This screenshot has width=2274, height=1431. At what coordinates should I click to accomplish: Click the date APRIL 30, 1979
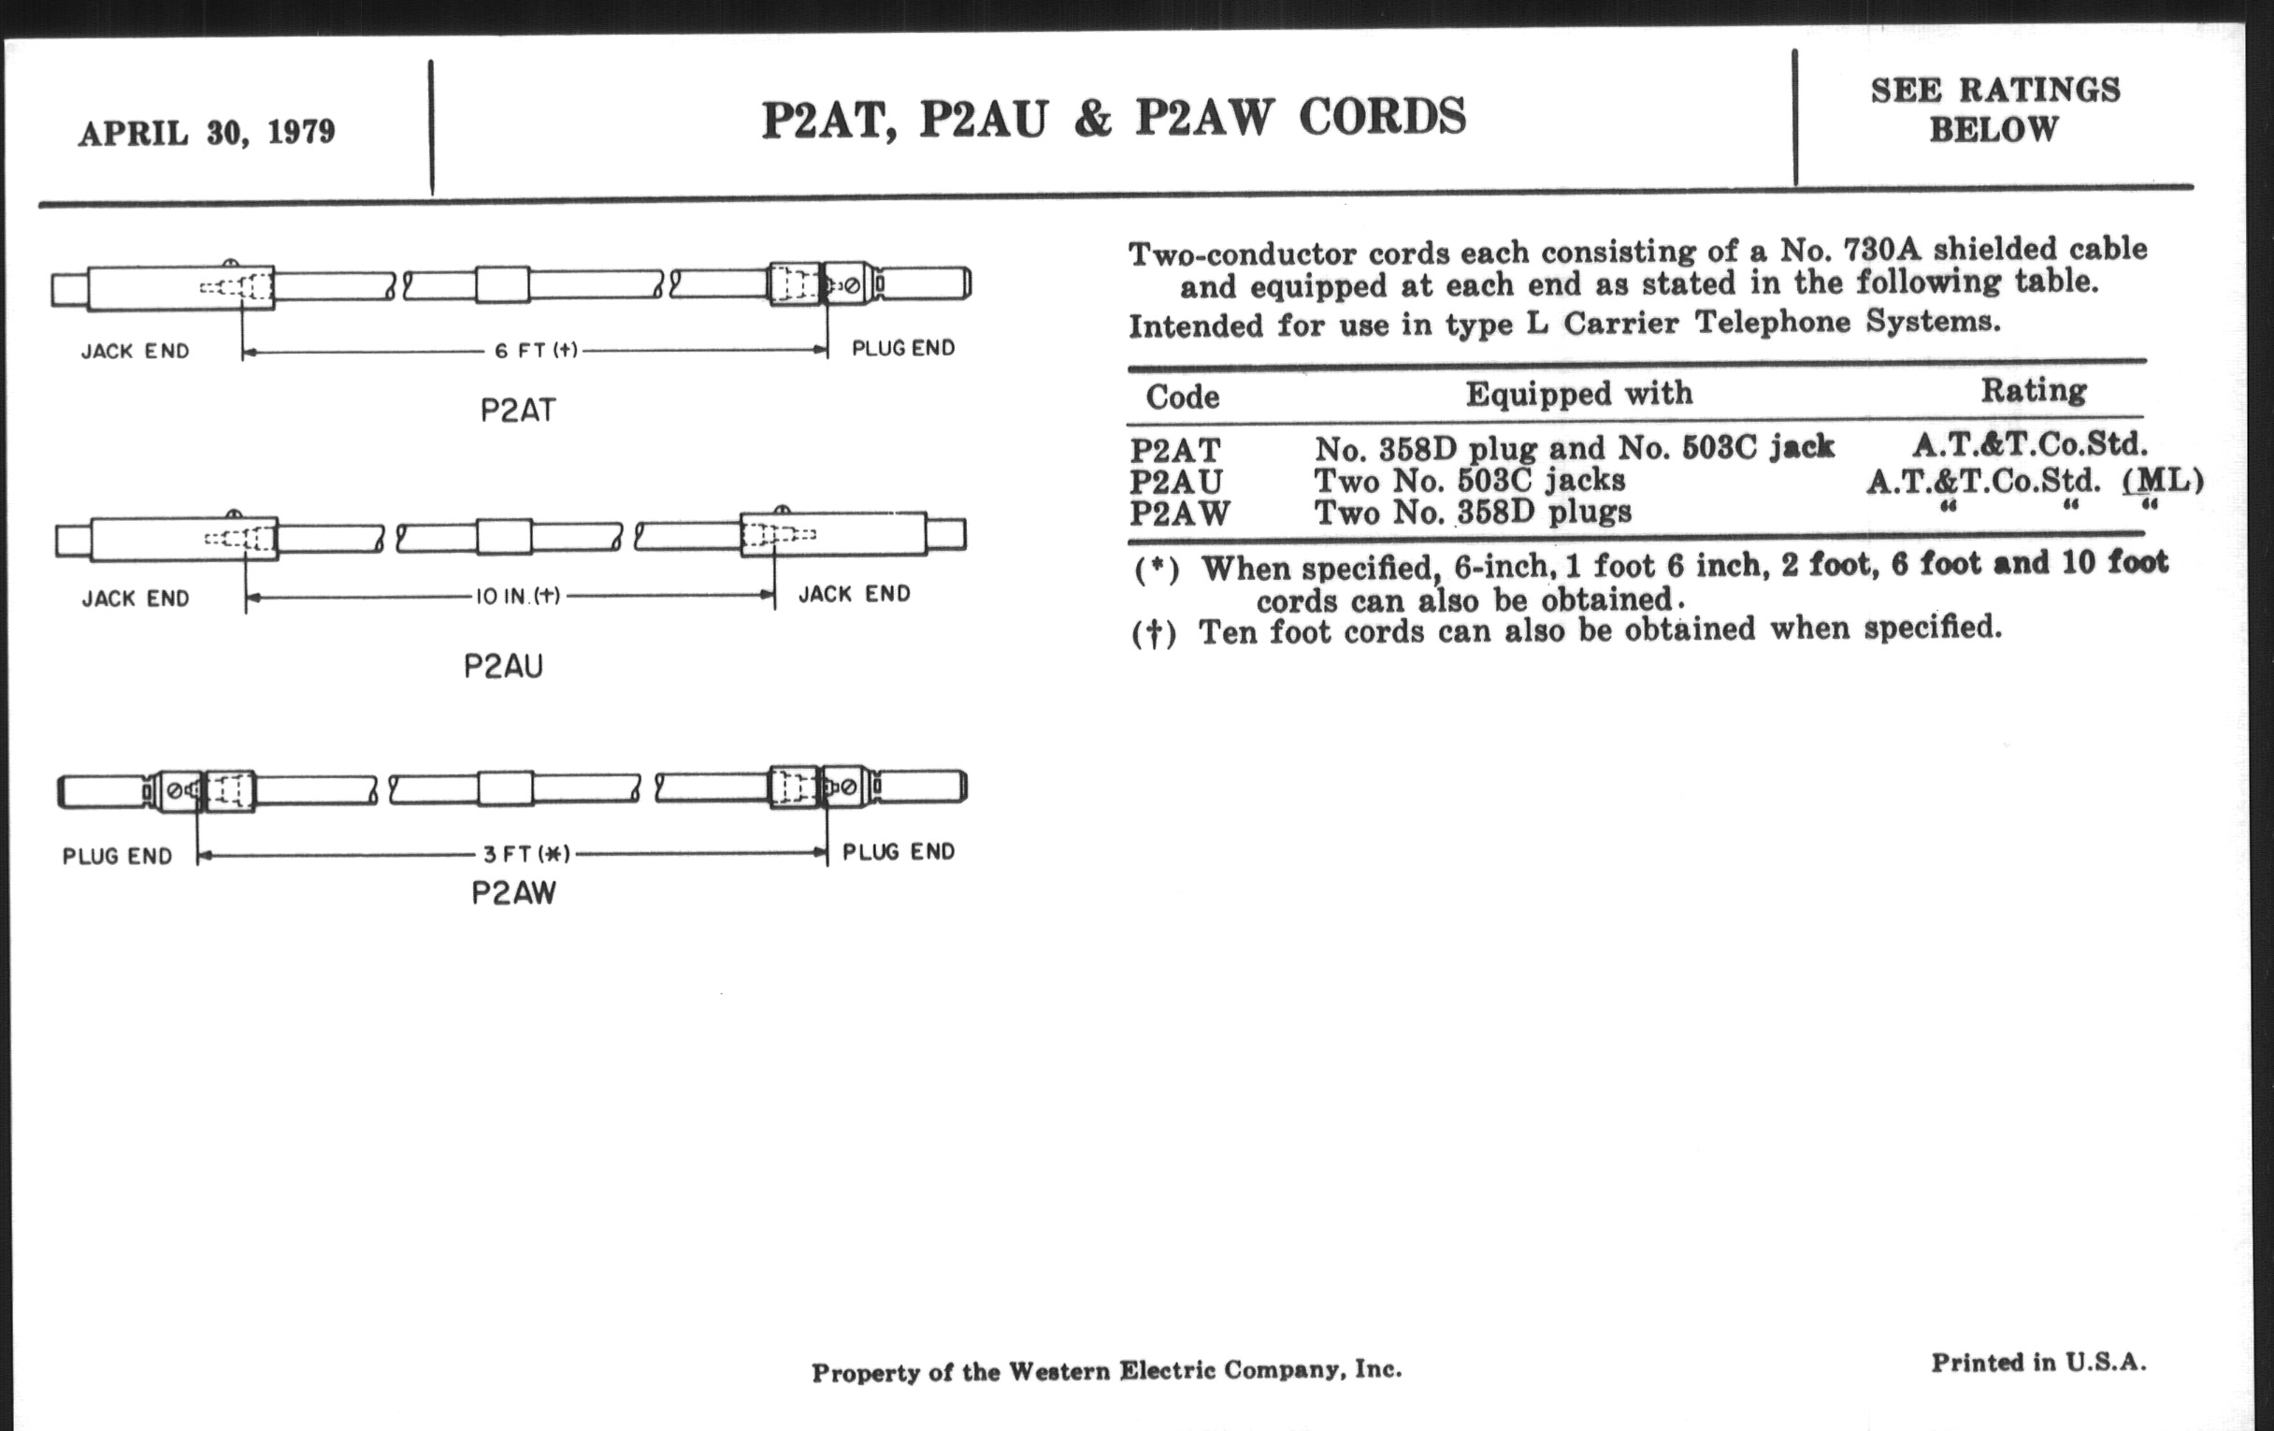(x=206, y=132)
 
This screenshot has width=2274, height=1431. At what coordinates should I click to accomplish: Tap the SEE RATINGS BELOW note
(x=1994, y=109)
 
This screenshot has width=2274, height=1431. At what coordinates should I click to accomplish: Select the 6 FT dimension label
(x=536, y=351)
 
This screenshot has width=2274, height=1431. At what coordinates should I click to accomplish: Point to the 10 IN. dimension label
(x=517, y=596)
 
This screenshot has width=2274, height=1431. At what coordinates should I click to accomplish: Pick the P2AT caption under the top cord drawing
(x=517, y=411)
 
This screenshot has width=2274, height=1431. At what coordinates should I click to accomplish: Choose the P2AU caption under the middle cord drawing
(x=503, y=667)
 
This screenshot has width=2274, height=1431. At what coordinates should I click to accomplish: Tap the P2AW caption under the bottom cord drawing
(x=513, y=893)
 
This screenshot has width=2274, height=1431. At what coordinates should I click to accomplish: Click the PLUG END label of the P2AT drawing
(x=903, y=349)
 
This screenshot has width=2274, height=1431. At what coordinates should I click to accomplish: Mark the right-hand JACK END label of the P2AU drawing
(x=854, y=594)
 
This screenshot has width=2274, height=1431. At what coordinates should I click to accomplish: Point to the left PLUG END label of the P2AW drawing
(x=117, y=857)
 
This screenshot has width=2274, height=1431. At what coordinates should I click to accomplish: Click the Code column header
(x=1182, y=397)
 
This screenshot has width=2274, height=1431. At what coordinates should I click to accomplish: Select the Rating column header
(x=2033, y=390)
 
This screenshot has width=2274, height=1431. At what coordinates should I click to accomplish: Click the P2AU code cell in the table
(x=1175, y=482)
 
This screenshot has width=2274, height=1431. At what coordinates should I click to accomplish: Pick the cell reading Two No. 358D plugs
(x=1473, y=513)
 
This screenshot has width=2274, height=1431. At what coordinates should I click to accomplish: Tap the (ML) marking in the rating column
(x=2163, y=481)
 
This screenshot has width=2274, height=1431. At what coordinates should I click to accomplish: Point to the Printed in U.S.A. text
(x=2038, y=1362)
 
